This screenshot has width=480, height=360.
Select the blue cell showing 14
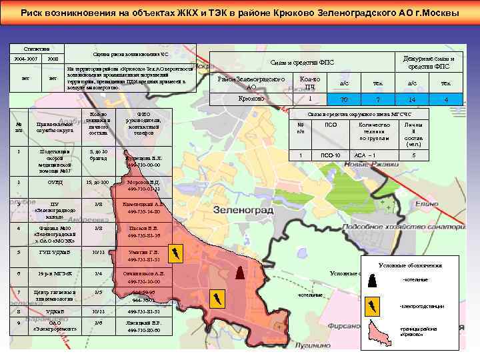tap(412, 99)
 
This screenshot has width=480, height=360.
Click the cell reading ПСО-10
tap(331, 155)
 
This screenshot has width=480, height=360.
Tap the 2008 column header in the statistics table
tap(53, 59)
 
